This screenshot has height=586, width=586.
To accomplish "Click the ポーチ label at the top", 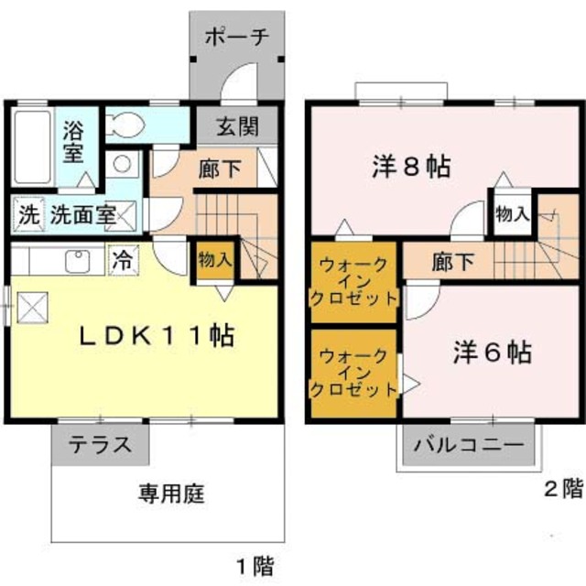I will click(x=235, y=38).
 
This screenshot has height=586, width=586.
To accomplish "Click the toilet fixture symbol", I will click(x=125, y=125).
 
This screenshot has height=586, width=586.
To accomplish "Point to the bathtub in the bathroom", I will click(x=35, y=147).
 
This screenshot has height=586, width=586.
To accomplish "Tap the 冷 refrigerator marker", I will click(x=122, y=259).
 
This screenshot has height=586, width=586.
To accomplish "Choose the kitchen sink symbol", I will click(x=79, y=260).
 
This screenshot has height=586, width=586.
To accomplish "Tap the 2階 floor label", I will click(x=562, y=488).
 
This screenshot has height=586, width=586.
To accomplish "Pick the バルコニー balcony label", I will click(x=467, y=446).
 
